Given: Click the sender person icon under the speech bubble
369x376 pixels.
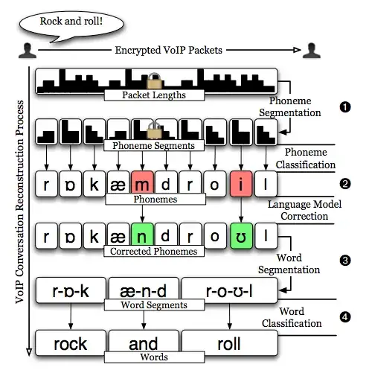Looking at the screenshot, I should click(x=27, y=51).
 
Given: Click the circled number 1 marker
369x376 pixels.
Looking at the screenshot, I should click(x=344, y=106).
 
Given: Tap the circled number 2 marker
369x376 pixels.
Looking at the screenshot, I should click(x=344, y=182).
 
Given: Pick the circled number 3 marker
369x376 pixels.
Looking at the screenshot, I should click(x=344, y=261).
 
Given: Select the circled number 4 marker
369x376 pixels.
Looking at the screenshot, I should click(x=344, y=316).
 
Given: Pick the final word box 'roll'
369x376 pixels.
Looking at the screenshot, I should click(x=229, y=343).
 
